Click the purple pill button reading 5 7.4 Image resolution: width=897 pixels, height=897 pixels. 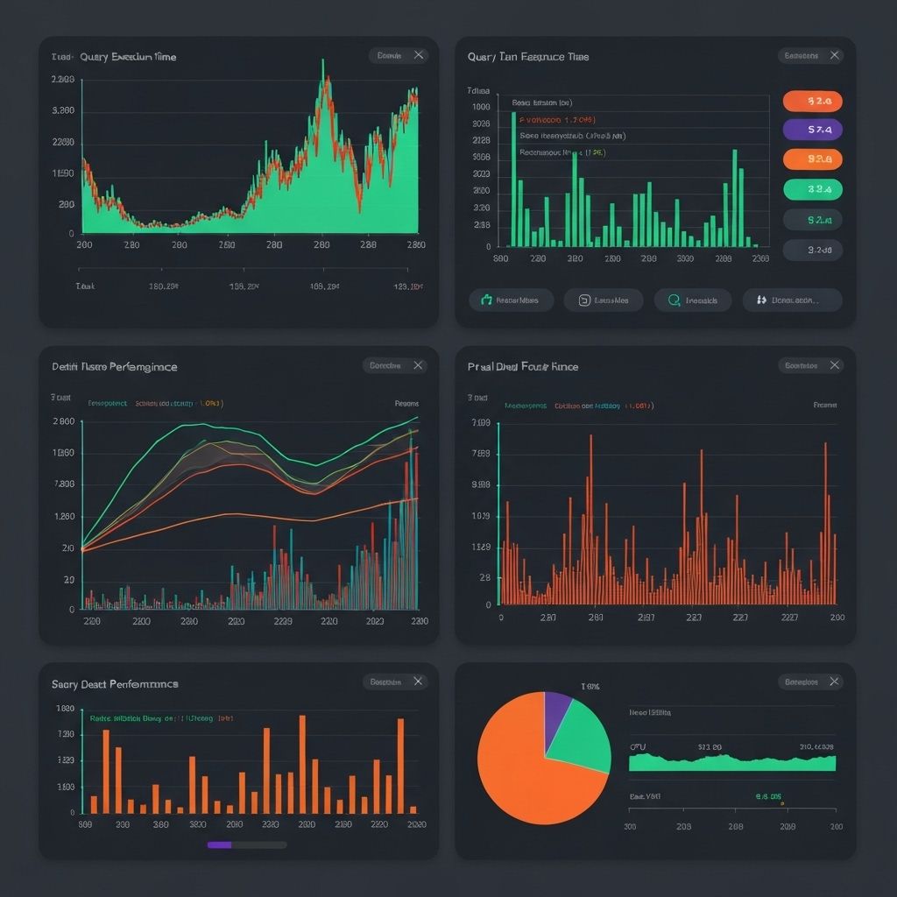(812, 130)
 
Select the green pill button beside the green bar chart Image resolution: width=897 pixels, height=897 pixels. (812, 188)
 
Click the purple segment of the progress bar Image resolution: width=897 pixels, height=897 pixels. (219, 845)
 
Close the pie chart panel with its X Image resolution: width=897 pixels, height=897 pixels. (835, 682)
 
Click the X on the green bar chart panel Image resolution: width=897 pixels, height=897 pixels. (835, 56)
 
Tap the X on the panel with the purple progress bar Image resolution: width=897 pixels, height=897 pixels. (419, 682)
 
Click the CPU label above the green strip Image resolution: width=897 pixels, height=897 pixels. (638, 747)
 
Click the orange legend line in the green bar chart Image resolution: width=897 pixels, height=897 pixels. (557, 119)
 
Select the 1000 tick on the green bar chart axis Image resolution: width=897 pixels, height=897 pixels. (481, 106)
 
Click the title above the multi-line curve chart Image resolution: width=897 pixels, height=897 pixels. (114, 366)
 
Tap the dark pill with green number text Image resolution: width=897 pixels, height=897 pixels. (812, 220)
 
